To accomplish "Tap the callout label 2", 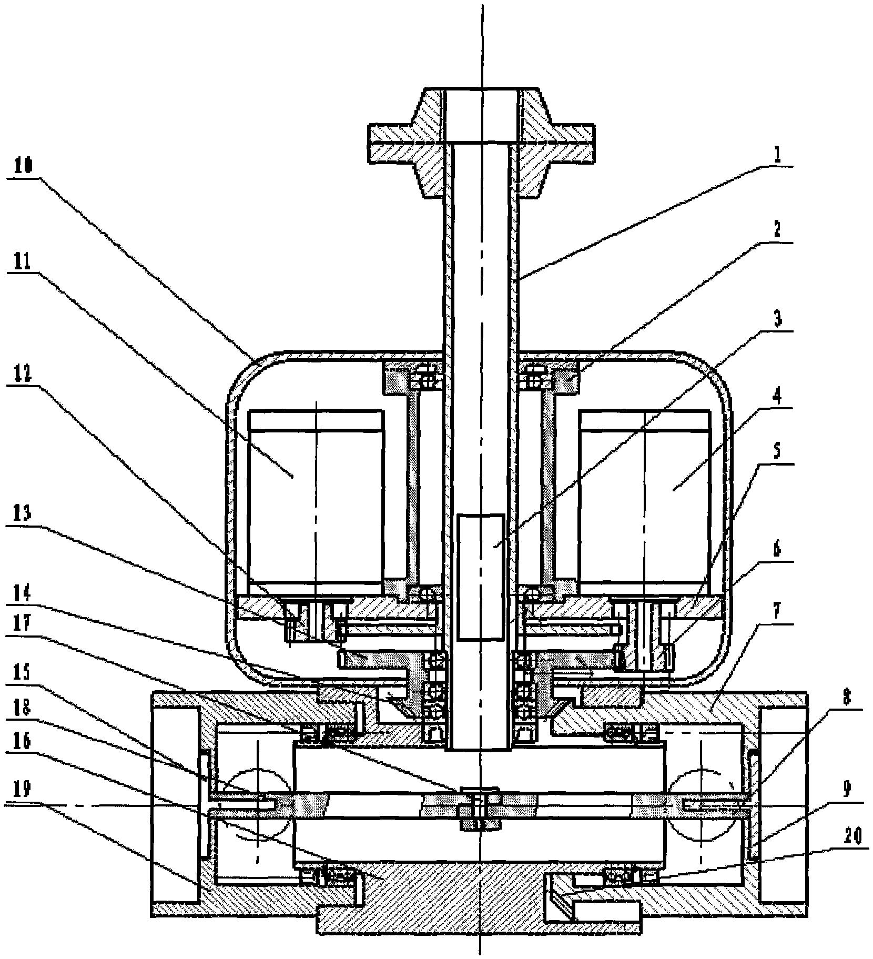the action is pos(778,230).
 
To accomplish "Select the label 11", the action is pos(21,262).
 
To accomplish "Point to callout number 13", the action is pos(21,513).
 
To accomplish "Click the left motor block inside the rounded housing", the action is pos(316,496).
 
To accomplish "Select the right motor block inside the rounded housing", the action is pos(646,496).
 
